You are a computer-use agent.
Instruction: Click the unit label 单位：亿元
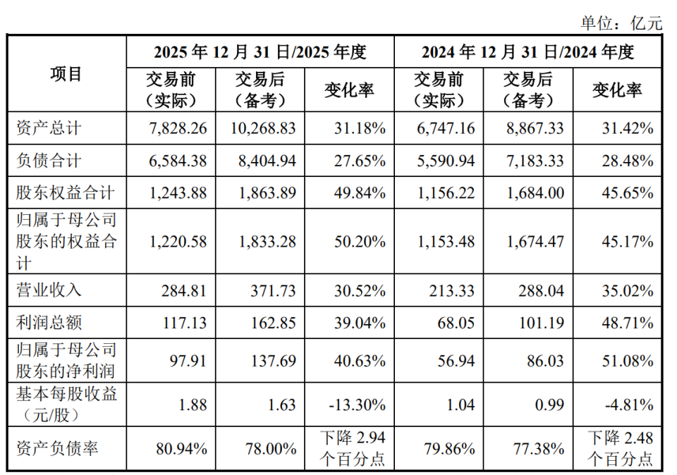coord(621,23)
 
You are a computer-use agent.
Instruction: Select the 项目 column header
coord(66,74)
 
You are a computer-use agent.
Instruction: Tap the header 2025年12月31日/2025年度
coord(260,52)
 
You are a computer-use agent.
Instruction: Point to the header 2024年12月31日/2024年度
coord(527,52)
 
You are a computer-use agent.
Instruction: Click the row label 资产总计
coord(49,128)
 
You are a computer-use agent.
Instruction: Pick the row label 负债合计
coord(49,161)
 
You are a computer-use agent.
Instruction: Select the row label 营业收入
coord(49,290)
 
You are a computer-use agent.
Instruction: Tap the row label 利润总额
coord(49,322)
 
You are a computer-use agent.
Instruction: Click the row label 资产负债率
coord(57,448)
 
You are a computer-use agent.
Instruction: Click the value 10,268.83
coord(263,128)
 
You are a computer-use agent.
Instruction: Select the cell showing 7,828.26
coord(178,128)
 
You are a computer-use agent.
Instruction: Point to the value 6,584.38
coord(178,161)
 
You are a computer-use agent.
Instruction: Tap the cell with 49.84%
coord(360,193)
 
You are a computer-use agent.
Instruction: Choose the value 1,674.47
coord(535,242)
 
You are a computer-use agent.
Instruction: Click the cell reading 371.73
coord(274,291)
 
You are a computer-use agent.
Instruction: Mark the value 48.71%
coord(628,323)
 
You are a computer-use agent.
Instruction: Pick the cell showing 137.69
coord(274,361)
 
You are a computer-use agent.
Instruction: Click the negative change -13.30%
coord(357,405)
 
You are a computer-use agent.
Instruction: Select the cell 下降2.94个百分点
coord(353,448)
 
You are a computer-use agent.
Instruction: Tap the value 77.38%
coord(538,449)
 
